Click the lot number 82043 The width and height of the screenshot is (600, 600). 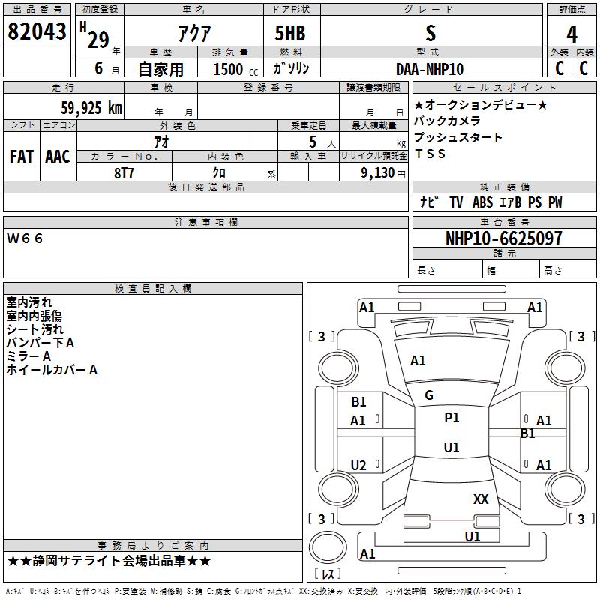click(x=37, y=32)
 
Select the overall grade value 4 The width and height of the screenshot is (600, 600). click(x=571, y=34)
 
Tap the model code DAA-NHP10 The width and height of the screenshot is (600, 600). click(x=430, y=69)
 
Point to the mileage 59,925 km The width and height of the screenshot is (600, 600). click(x=91, y=108)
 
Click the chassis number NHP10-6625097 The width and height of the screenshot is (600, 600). click(x=503, y=238)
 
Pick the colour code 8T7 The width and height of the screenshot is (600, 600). click(x=124, y=172)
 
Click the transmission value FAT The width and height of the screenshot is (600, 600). click(x=21, y=157)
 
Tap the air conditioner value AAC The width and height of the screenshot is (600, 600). click(x=58, y=157)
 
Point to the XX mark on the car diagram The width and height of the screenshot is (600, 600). click(x=481, y=499)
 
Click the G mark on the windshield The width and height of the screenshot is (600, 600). click(x=429, y=395)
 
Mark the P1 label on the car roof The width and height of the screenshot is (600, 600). click(x=451, y=418)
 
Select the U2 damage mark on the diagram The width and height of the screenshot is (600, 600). click(x=358, y=466)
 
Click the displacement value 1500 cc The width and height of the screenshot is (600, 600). click(x=231, y=69)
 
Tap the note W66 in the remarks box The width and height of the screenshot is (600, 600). click(x=25, y=238)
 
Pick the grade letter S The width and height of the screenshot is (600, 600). click(x=430, y=34)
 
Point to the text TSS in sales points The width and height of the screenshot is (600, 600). click(x=430, y=154)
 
